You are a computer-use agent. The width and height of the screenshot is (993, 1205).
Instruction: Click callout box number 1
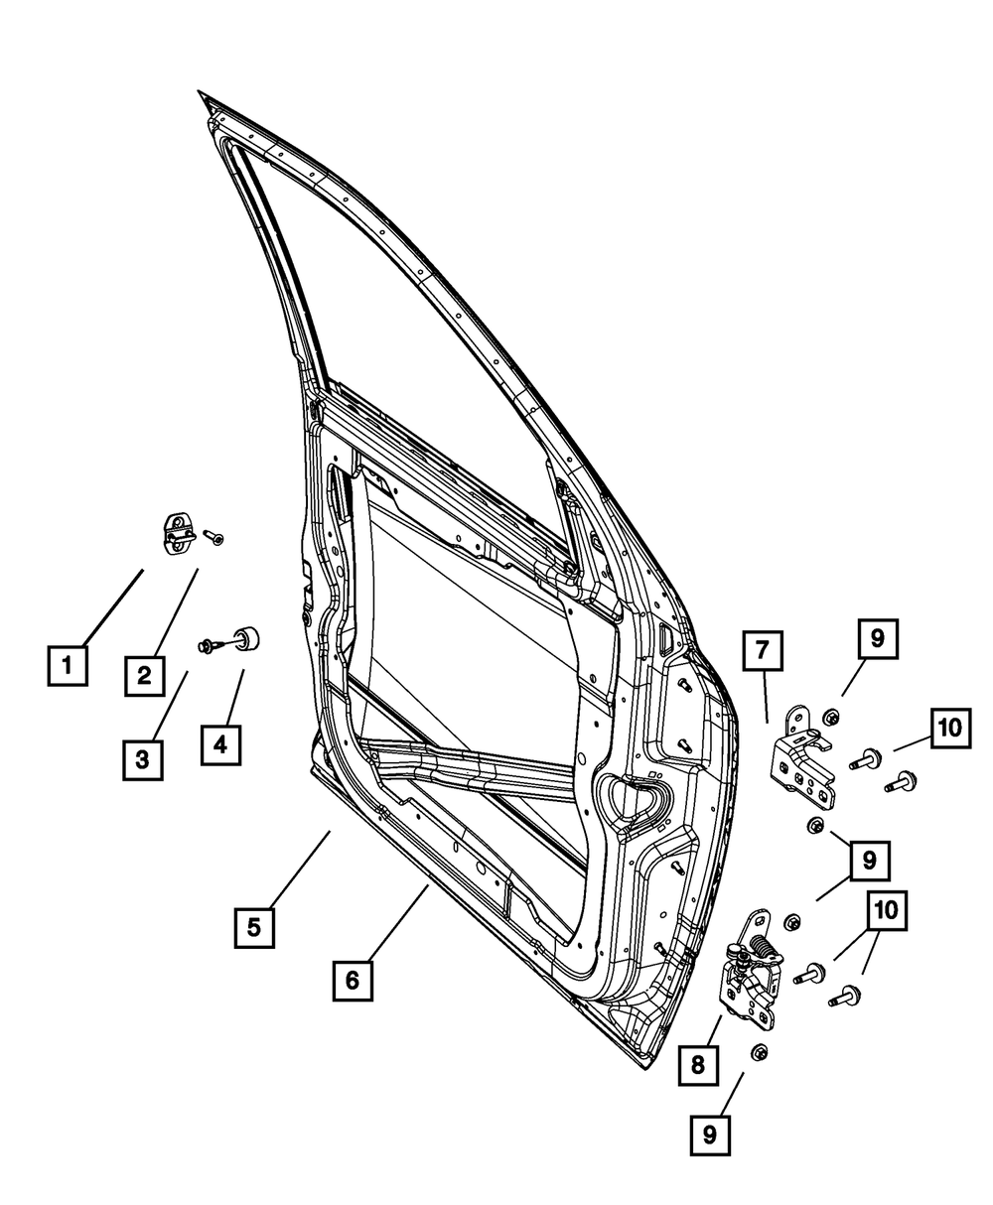point(67,665)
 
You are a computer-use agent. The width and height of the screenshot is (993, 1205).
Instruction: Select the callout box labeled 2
point(144,676)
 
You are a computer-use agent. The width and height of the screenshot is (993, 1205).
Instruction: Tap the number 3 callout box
point(143,759)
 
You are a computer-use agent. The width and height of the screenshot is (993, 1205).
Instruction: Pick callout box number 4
point(220,743)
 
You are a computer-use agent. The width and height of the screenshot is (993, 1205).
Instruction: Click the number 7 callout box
point(762,651)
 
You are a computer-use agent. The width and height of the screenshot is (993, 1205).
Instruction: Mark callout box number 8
point(697,1065)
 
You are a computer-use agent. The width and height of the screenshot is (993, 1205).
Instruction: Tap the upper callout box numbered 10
point(950,727)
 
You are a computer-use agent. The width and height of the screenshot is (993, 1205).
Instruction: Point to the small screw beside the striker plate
point(214,537)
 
